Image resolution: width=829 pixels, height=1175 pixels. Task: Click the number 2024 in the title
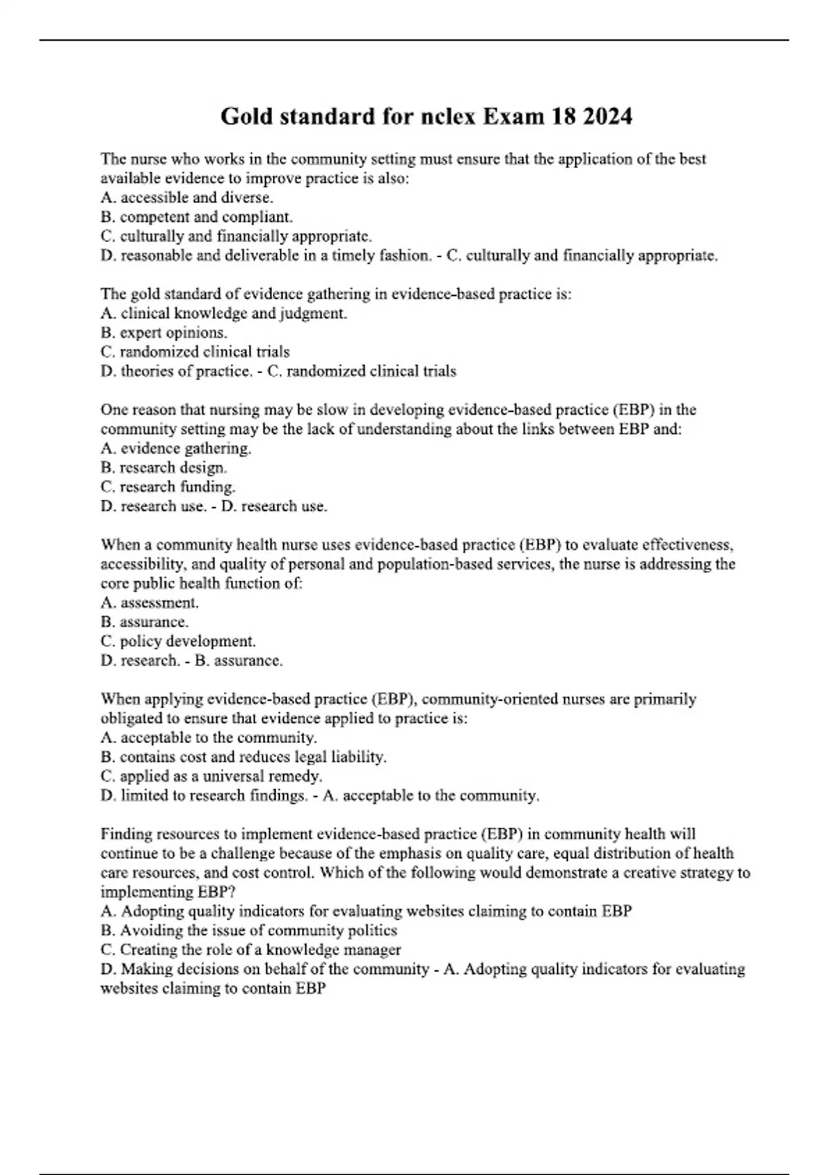(607, 116)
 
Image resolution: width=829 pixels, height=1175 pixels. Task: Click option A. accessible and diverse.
(187, 198)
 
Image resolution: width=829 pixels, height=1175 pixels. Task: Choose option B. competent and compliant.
(196, 217)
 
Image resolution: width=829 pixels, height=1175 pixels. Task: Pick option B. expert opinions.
(164, 332)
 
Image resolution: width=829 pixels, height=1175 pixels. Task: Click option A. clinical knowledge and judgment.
(223, 313)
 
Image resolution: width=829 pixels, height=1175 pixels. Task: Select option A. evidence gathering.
(175, 449)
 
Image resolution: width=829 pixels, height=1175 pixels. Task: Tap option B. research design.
(164, 468)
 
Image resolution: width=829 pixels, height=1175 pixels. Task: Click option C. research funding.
(168, 487)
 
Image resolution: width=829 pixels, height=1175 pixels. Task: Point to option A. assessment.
(149, 603)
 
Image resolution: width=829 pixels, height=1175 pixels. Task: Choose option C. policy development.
(178, 641)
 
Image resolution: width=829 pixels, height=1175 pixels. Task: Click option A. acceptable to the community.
(209, 737)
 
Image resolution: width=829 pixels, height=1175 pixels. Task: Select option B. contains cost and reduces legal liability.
(243, 757)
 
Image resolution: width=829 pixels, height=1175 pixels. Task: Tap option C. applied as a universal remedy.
(211, 776)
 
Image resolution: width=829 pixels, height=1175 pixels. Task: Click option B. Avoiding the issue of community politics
(249, 930)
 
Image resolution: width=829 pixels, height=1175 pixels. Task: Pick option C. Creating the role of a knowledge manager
(251, 950)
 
